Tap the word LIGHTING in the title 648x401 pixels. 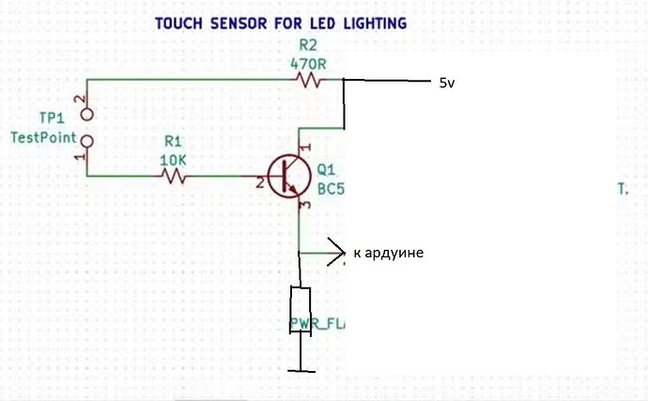coord(370,23)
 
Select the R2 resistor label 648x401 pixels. coord(309,46)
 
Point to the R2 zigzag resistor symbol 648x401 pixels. coord(310,82)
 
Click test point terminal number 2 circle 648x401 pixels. coord(88,115)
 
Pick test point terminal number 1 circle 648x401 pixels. coord(88,142)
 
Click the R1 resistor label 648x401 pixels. coord(173,141)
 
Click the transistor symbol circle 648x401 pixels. coord(288,175)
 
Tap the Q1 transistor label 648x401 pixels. coord(327,171)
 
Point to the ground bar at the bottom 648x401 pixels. coord(301,370)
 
